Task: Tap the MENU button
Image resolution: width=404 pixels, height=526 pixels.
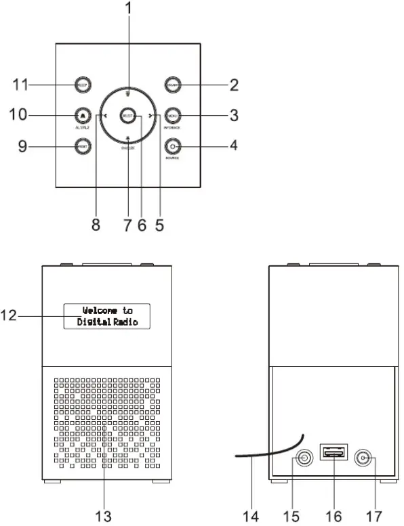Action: click(171, 116)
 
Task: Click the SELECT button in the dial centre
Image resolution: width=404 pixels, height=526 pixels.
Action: click(127, 116)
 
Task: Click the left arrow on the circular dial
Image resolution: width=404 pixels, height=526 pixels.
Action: click(99, 116)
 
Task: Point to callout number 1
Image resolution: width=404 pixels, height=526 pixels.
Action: click(127, 10)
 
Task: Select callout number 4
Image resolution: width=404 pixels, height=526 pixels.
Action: click(233, 145)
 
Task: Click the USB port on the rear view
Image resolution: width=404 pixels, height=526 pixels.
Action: click(334, 452)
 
